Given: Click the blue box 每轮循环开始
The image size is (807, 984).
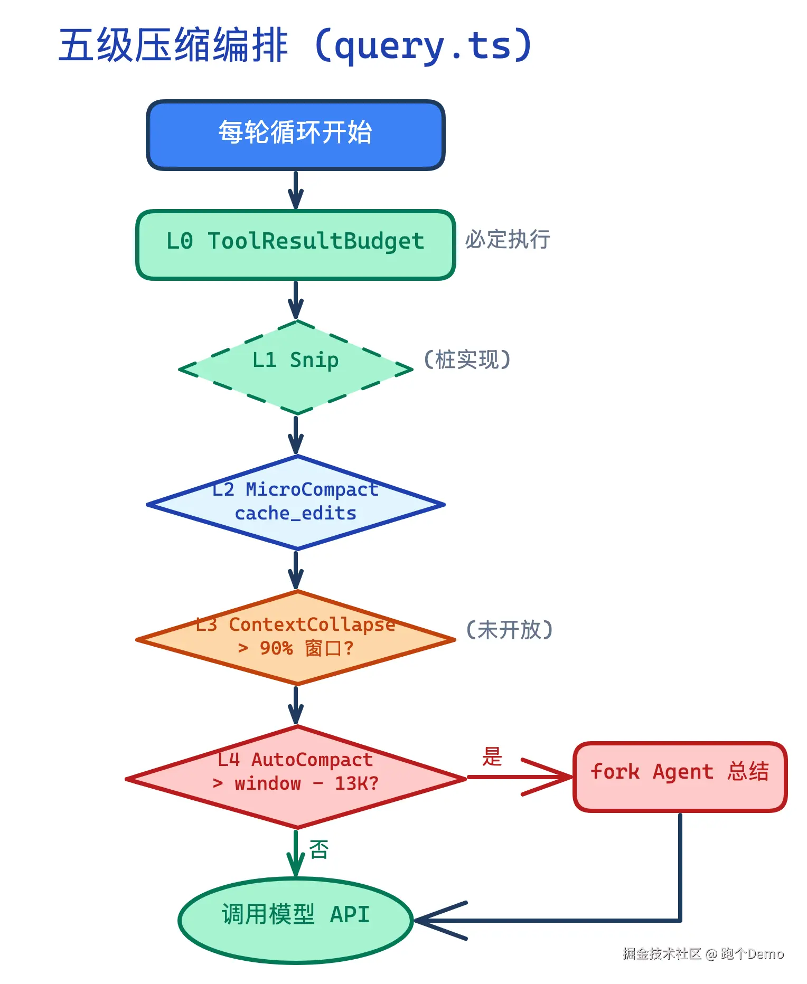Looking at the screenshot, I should click(x=295, y=135).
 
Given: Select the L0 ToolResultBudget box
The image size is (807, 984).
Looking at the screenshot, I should click(x=295, y=244).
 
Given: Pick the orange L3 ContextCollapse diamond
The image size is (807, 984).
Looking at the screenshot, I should click(x=295, y=638).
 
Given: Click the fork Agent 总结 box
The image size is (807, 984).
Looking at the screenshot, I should click(x=680, y=777).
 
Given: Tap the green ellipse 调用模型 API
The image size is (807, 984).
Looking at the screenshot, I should click(x=295, y=920).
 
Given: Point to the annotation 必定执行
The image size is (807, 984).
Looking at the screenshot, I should click(x=508, y=240).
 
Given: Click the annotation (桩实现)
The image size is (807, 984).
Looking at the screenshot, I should click(x=467, y=359).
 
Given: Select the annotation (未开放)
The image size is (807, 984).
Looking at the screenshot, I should click(x=509, y=630).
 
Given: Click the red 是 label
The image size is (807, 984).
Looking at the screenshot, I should click(x=492, y=756).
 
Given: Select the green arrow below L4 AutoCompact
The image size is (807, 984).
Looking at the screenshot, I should click(x=295, y=853).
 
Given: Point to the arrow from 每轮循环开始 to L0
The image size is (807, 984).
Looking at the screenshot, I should click(x=295, y=190).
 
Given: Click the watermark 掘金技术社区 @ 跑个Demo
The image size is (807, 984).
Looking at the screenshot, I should click(x=702, y=954).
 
